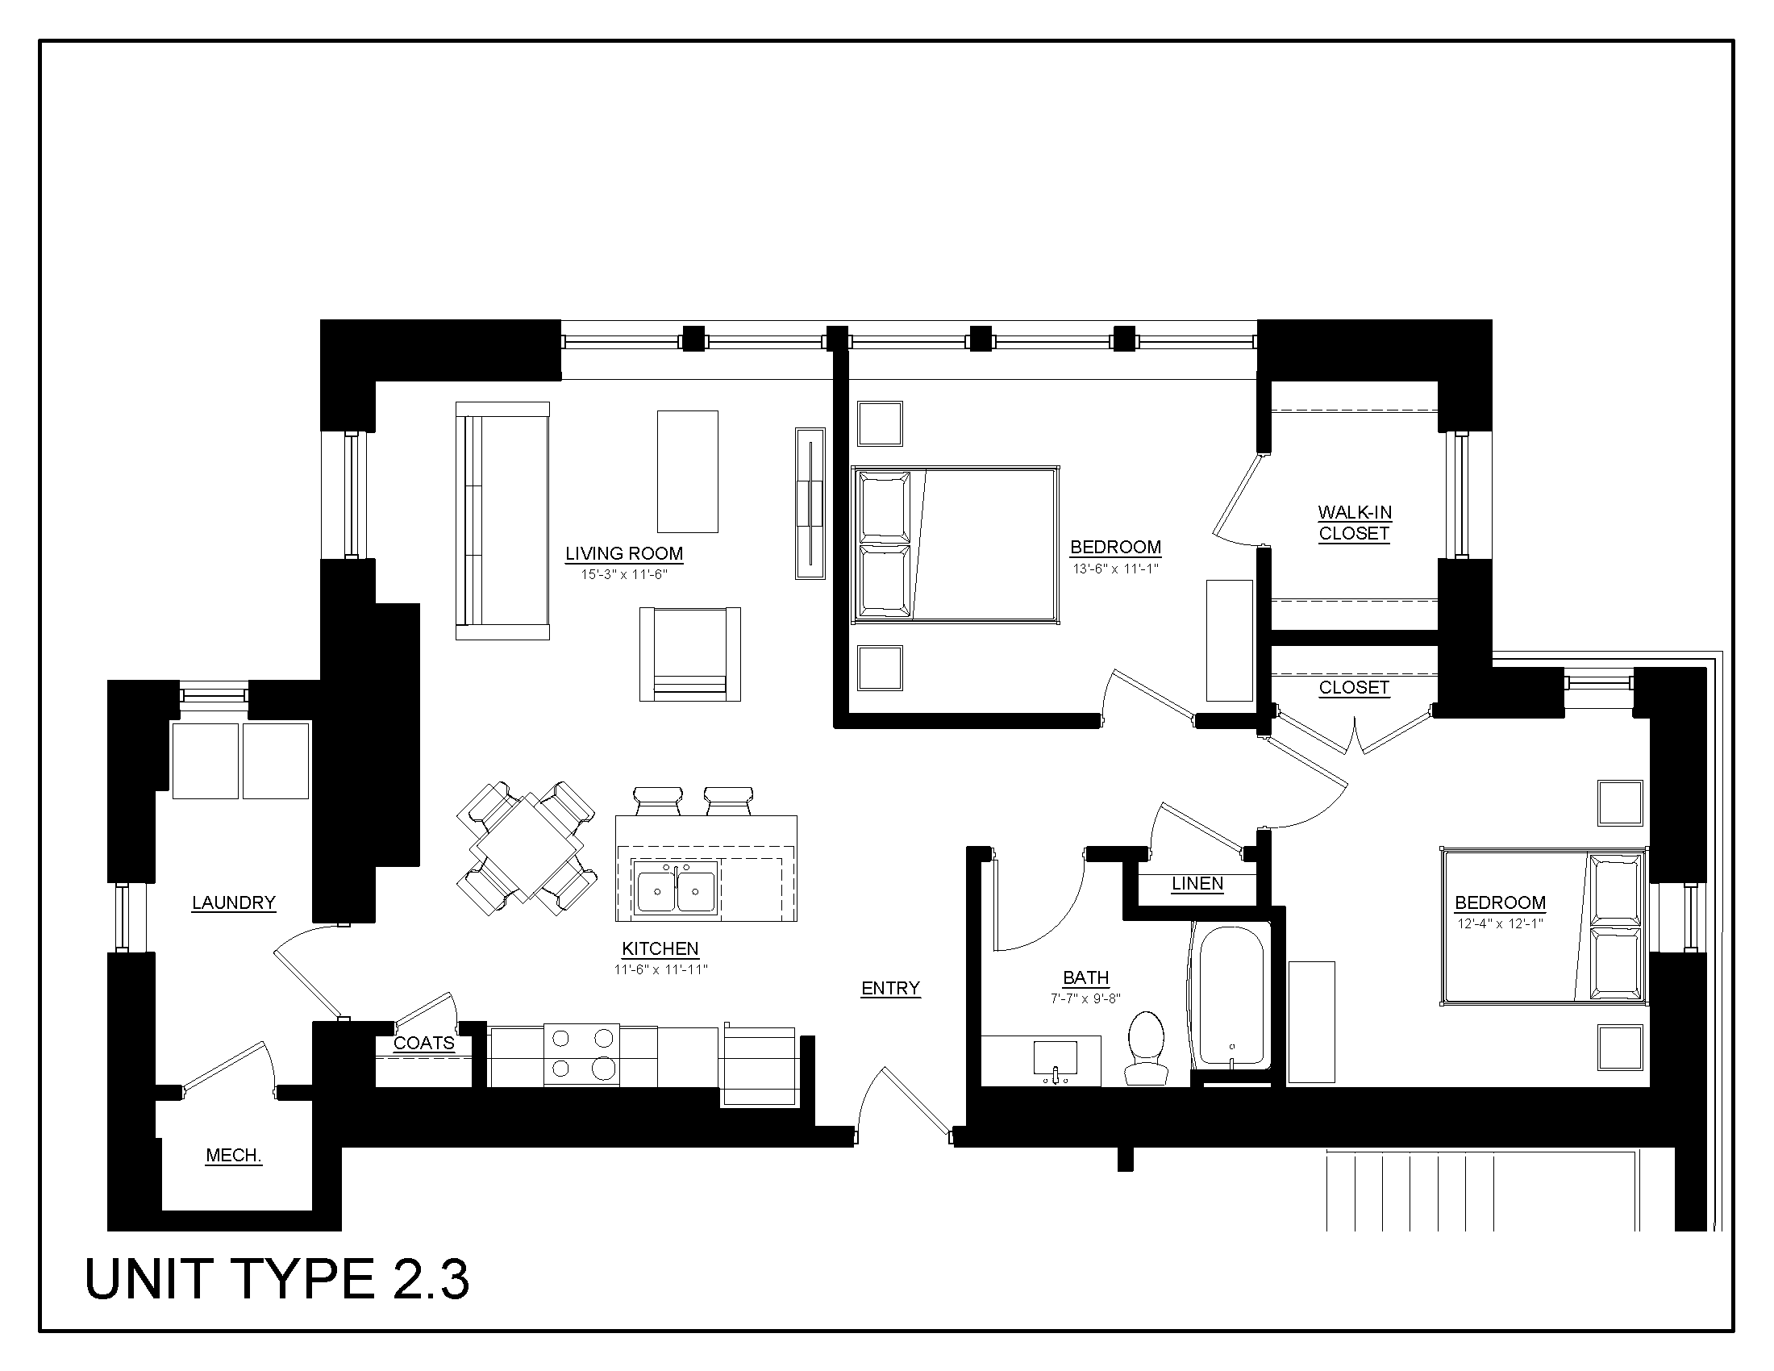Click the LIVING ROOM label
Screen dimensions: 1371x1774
pos(624,553)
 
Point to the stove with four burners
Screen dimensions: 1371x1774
pos(581,1054)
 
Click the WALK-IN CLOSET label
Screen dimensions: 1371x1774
pos(1354,523)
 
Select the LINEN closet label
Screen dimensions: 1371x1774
pos(1197,884)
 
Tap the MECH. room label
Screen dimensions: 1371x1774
pos(233,1155)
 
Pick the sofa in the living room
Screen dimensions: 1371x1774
pos(502,521)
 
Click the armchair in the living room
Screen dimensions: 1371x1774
pos(689,654)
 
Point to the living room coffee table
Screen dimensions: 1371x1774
pos(687,471)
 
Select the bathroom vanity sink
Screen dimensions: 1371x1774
pos(1056,1059)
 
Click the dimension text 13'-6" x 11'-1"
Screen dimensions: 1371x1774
pos(1115,569)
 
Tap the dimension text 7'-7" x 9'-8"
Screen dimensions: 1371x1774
pos(1086,999)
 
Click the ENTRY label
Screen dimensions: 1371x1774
pos(890,988)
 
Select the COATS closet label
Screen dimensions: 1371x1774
pos(424,1043)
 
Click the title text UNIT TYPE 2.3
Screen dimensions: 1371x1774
pos(277,1279)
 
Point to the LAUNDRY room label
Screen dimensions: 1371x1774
pos(233,902)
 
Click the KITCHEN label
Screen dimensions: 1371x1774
pos(660,948)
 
